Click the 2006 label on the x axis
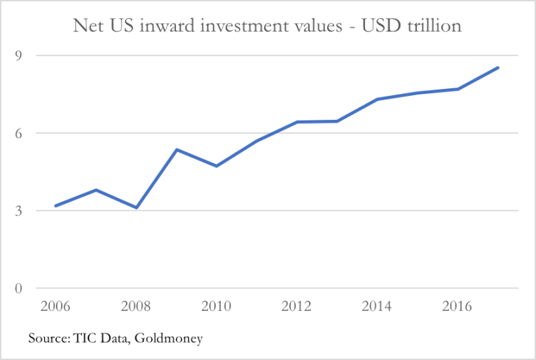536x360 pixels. (x=55, y=307)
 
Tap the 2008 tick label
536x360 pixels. (x=136, y=307)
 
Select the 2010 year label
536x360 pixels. (x=217, y=307)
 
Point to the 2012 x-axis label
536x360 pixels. (x=297, y=307)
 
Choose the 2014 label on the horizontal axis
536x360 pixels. (x=378, y=307)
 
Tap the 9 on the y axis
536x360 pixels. (x=19, y=55)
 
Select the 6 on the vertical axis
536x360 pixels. (x=19, y=133)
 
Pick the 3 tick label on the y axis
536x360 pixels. (x=19, y=211)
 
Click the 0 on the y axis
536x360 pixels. (x=19, y=289)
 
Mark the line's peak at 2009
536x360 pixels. (x=177, y=150)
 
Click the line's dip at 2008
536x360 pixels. (x=137, y=207)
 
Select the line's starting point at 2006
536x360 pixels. (x=55, y=206)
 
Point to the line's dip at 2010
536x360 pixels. (x=217, y=166)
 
